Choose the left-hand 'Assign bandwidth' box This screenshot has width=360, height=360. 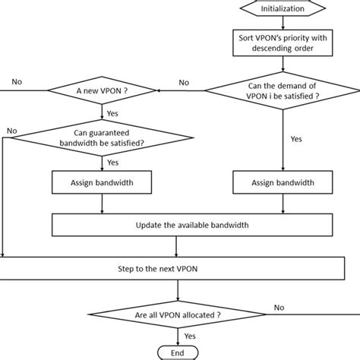click(102, 183)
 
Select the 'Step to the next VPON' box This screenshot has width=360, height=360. click(178, 270)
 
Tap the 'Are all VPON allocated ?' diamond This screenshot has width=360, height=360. click(178, 314)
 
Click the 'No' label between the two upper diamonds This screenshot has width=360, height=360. click(184, 83)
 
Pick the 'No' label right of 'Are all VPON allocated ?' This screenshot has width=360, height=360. click(279, 308)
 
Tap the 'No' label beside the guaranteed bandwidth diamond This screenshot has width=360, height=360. click(11, 131)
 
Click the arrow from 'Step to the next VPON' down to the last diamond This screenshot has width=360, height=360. click(178, 290)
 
